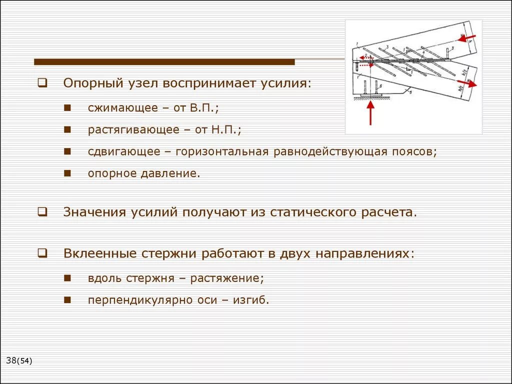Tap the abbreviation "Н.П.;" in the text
click(225, 130)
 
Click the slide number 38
click(11, 360)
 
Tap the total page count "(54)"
click(24, 361)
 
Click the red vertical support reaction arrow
click(370, 113)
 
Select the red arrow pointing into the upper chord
click(468, 38)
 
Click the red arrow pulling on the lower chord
click(467, 84)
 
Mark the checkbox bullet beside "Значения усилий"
click(42, 212)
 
